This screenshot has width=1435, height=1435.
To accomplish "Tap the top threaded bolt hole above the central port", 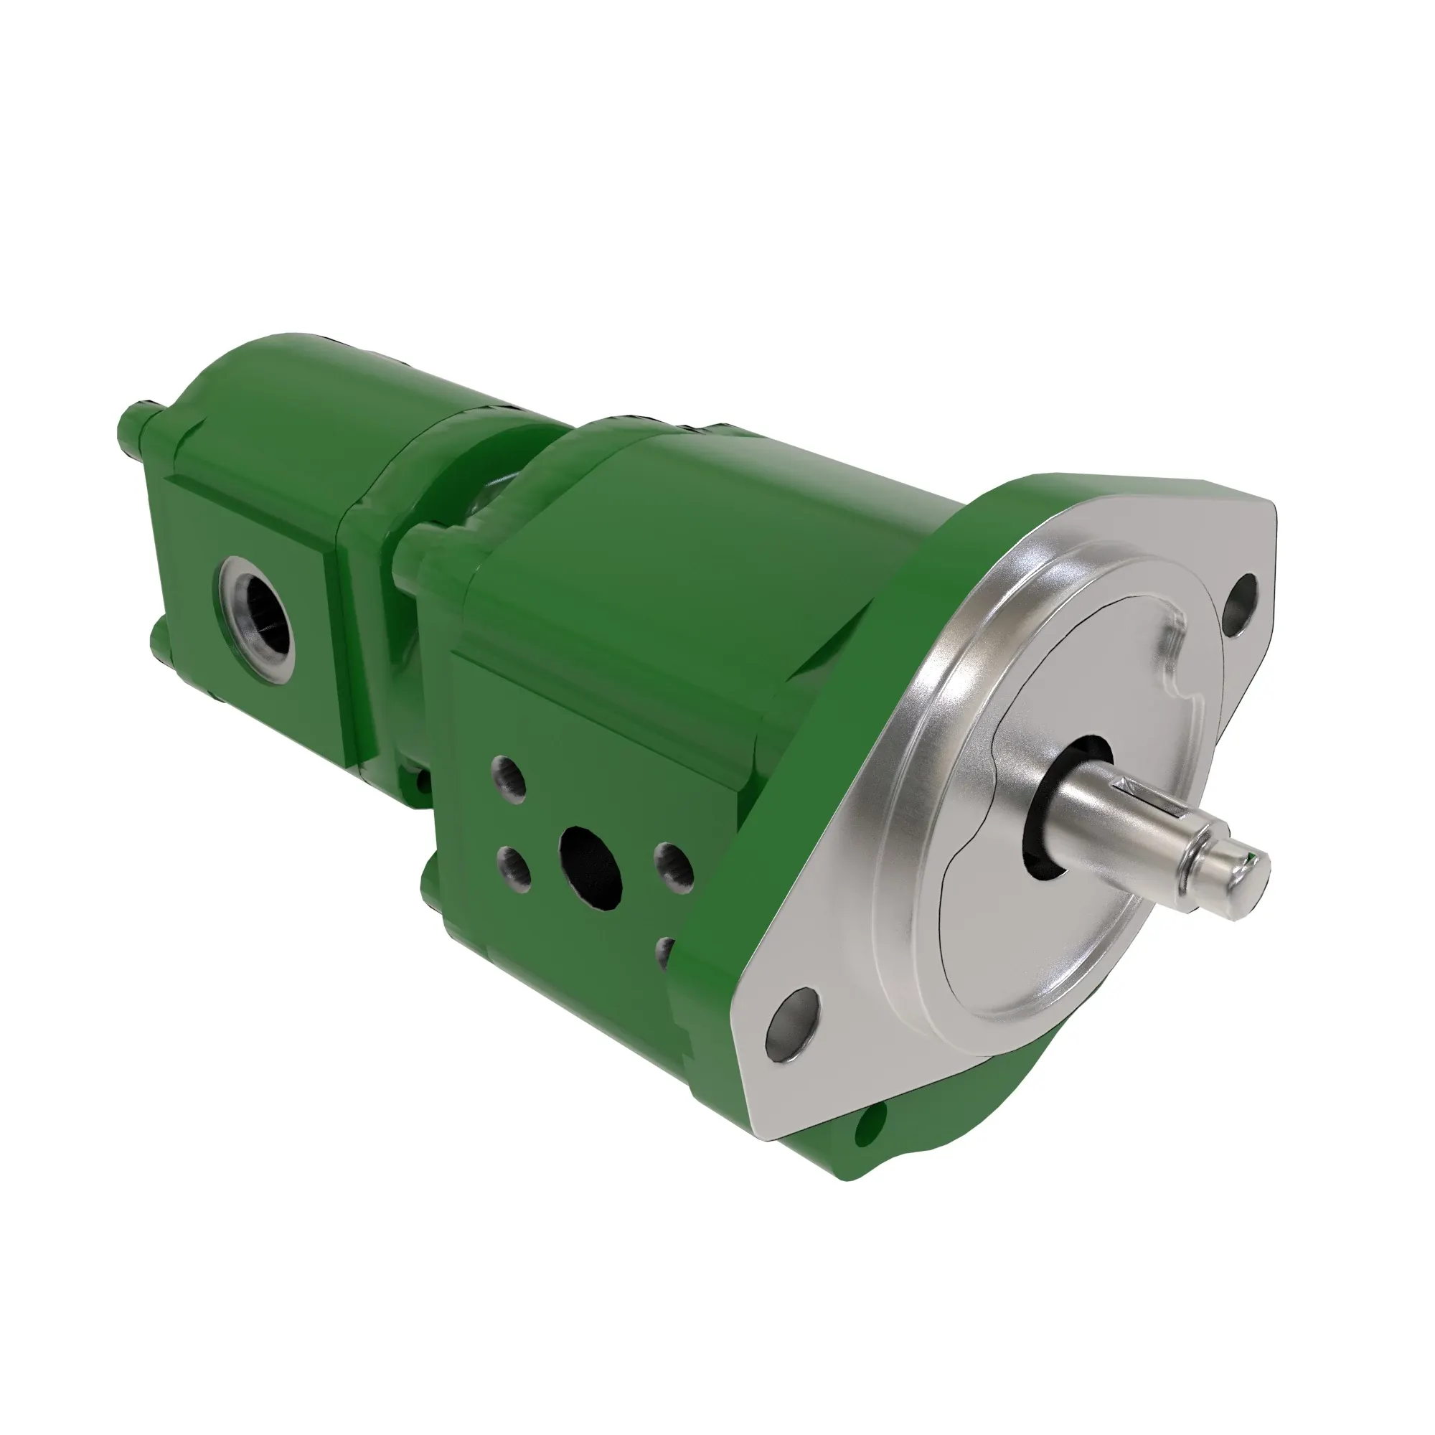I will pos(510,774).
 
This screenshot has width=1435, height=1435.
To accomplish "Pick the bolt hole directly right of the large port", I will pos(673,863).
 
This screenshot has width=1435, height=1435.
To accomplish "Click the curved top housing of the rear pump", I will pos(319,401).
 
